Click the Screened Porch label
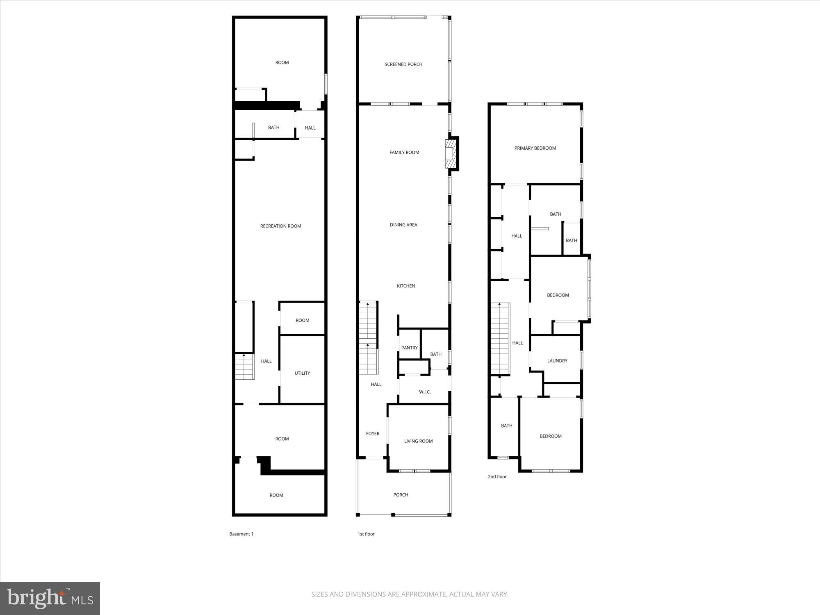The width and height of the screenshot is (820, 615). click(x=403, y=64)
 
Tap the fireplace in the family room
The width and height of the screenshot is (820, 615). click(x=451, y=153)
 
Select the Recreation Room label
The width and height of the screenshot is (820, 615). click(x=280, y=226)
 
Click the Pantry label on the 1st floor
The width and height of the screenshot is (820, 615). click(x=409, y=348)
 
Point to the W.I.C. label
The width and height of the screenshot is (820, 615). click(x=425, y=392)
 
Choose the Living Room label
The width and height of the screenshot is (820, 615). click(x=418, y=441)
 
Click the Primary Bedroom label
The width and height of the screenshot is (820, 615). click(x=535, y=148)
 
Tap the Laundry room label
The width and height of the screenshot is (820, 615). click(x=557, y=361)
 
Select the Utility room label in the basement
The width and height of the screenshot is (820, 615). click(x=302, y=373)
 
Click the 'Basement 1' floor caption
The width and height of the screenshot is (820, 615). click(x=241, y=534)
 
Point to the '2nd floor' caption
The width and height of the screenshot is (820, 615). click(x=497, y=476)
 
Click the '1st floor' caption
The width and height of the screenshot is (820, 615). click(x=366, y=534)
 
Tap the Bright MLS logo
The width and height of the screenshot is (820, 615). click(x=50, y=599)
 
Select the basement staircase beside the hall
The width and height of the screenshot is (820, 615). click(x=244, y=367)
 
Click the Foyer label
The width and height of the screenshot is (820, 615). click(x=373, y=433)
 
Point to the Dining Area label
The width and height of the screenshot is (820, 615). click(x=403, y=225)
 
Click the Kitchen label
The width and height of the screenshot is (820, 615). click(x=406, y=286)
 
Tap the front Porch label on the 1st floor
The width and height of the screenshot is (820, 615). click(x=401, y=495)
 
